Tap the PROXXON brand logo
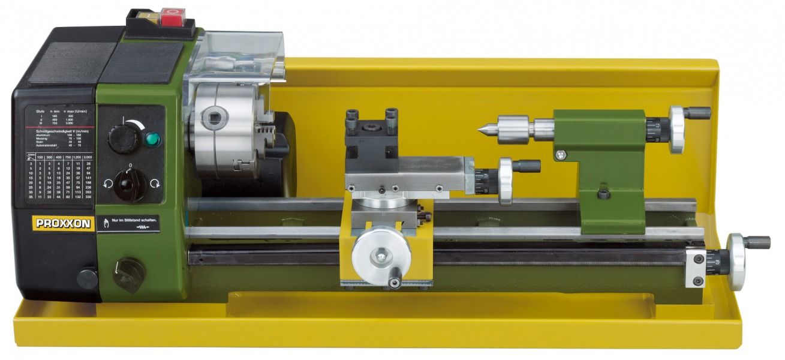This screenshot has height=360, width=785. (x=63, y=223)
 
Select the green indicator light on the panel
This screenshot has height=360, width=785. (x=153, y=140)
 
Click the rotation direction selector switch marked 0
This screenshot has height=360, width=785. (x=130, y=183)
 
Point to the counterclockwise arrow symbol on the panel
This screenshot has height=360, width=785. (x=107, y=184)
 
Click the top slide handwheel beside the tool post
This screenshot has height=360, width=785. (x=507, y=180)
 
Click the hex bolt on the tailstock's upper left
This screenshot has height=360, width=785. (x=560, y=155)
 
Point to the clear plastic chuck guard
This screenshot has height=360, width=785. (x=240, y=57)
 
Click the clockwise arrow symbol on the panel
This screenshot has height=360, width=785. (x=155, y=184)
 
